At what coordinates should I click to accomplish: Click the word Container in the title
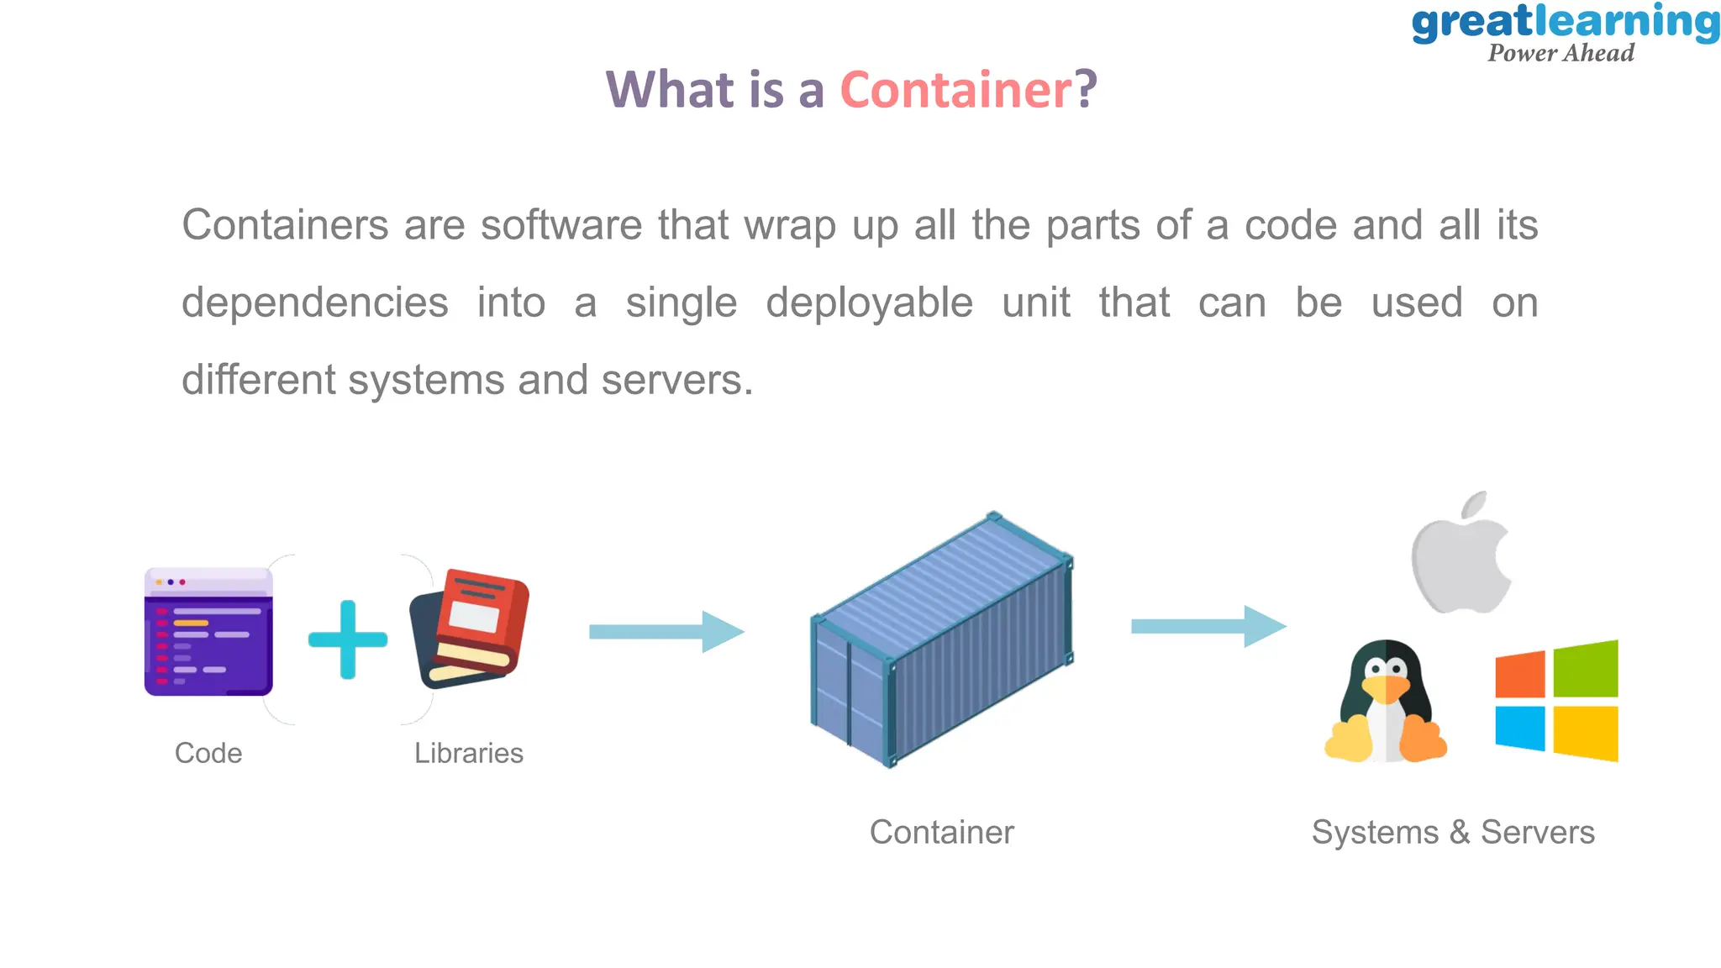click(x=956, y=90)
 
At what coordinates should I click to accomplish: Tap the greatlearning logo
click(x=1565, y=24)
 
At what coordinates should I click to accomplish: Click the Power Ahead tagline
click(x=1560, y=53)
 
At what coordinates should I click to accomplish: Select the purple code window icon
click(x=208, y=632)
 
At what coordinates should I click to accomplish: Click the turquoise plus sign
click(x=348, y=639)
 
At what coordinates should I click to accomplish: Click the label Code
click(x=208, y=753)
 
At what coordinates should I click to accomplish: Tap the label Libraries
click(x=469, y=753)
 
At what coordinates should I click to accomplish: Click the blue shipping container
click(x=941, y=640)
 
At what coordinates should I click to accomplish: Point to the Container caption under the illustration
click(x=941, y=832)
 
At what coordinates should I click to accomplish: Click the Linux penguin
click(x=1385, y=704)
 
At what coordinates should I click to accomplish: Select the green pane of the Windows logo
click(x=1586, y=669)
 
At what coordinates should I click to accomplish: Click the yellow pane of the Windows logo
click(x=1586, y=733)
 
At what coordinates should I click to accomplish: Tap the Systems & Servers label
click(x=1453, y=832)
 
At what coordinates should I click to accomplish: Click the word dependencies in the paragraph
click(x=315, y=303)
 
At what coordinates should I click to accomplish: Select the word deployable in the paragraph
click(x=869, y=303)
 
